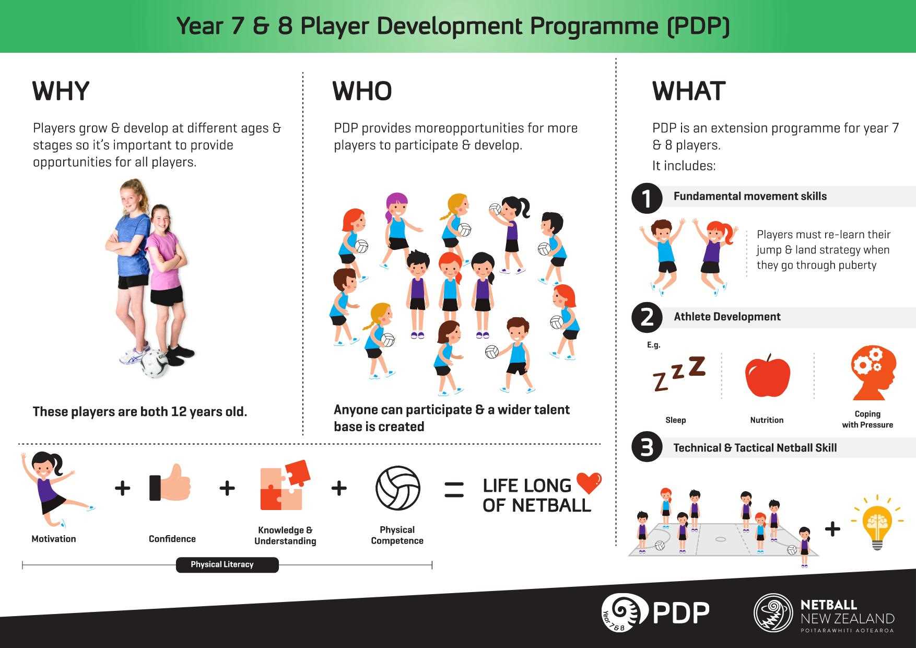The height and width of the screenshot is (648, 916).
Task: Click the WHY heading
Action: click(61, 91)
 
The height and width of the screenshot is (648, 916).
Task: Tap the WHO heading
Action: click(362, 91)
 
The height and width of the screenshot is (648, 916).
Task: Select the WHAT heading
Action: click(689, 91)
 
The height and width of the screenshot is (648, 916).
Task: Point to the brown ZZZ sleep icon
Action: click(679, 373)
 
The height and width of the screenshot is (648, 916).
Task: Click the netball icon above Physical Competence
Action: click(398, 488)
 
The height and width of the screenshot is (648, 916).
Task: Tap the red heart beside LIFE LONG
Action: click(589, 483)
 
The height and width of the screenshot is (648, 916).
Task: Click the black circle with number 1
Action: click(647, 199)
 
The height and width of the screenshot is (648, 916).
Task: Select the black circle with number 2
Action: click(647, 317)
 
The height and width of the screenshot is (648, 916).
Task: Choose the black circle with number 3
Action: click(647, 447)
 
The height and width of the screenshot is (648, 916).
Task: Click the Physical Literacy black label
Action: click(227, 565)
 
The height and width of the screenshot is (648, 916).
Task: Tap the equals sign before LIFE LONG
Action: click(454, 490)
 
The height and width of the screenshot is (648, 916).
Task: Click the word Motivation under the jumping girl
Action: click(54, 539)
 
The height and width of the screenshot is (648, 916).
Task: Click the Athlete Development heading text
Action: click(727, 317)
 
